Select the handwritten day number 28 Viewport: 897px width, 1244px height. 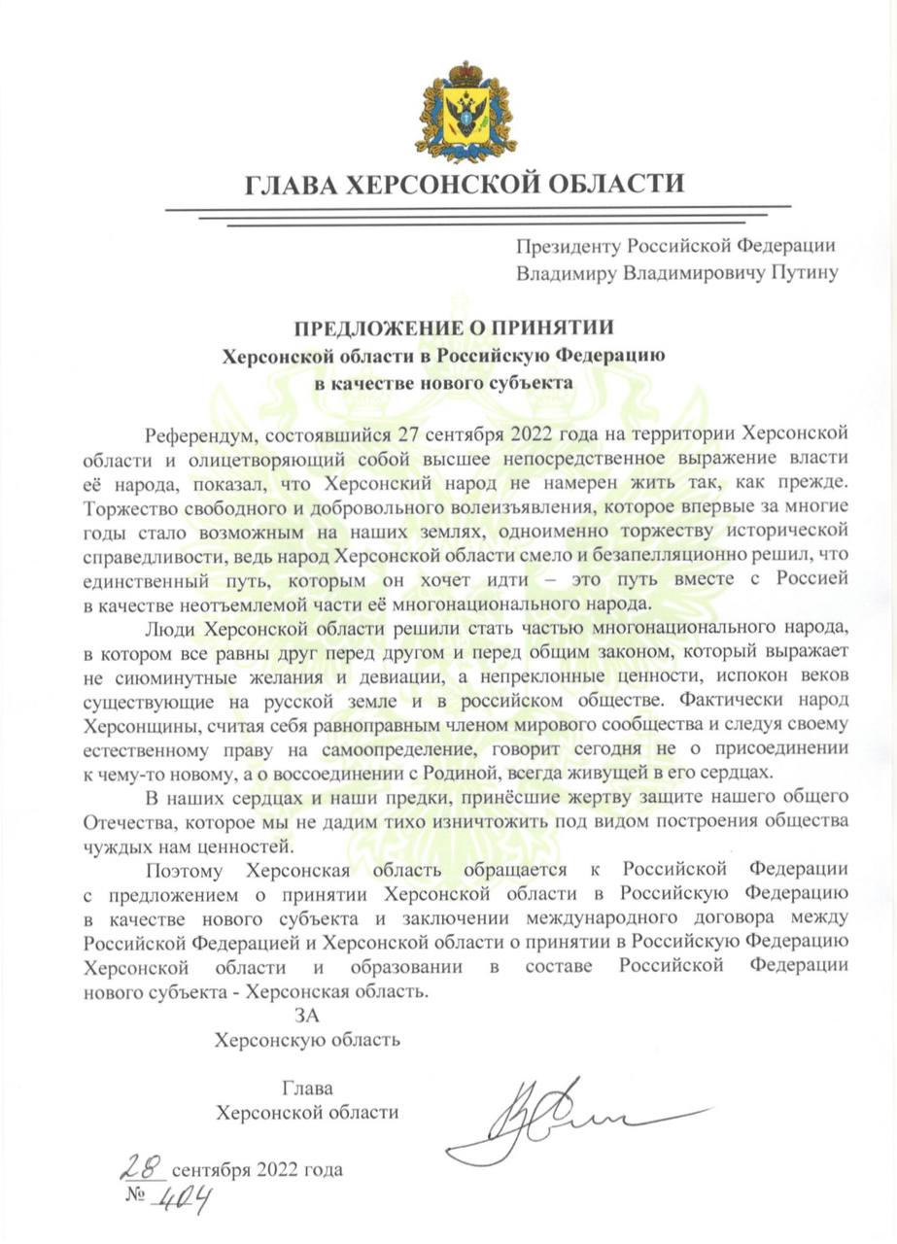point(145,1165)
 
